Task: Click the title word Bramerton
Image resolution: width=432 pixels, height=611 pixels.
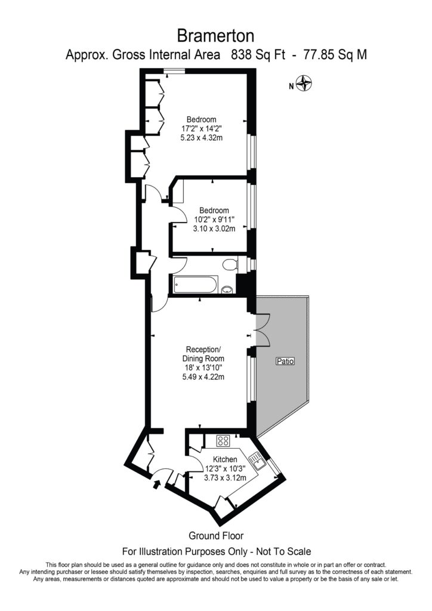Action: (215, 33)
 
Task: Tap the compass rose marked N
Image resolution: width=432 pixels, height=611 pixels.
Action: (306, 85)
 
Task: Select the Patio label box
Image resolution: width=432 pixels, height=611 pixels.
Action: (285, 362)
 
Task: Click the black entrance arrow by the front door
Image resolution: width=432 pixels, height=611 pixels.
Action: (158, 484)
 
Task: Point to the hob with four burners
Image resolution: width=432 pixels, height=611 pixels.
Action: (224, 441)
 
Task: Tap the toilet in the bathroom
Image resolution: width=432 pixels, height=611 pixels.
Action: (229, 264)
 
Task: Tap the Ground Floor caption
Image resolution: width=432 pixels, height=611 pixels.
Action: (215, 536)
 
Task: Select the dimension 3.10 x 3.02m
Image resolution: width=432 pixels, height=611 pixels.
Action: (214, 229)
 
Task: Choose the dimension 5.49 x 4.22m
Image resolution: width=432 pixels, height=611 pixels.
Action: (205, 377)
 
